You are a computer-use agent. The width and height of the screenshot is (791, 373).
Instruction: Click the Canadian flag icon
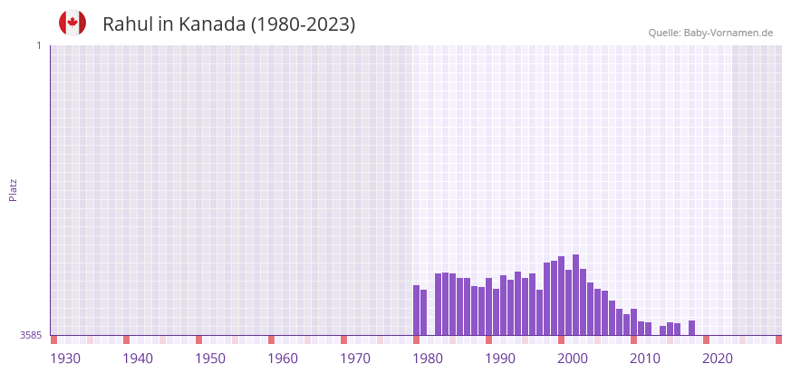72,23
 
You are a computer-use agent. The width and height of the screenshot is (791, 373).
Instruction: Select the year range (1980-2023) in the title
303,24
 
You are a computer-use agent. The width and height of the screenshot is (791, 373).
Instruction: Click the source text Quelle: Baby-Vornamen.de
710,33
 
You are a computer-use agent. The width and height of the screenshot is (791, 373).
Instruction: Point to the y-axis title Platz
13,189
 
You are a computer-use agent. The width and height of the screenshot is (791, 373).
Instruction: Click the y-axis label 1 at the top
38,45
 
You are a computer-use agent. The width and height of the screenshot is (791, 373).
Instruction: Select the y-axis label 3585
31,336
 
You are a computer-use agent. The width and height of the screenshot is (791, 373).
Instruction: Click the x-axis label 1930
65,359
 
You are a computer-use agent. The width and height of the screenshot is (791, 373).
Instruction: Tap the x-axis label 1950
210,359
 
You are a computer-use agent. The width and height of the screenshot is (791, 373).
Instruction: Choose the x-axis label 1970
355,359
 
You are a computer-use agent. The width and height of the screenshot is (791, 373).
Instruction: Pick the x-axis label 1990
500,359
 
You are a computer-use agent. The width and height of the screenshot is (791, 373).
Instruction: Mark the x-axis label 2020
718,359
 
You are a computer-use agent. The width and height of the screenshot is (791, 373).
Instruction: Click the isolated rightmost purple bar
691,328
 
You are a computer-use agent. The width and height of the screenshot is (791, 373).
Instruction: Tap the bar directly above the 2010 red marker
633,322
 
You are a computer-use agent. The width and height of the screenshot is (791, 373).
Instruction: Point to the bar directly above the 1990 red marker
488,306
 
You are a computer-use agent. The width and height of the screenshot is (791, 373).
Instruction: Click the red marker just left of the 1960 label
271,340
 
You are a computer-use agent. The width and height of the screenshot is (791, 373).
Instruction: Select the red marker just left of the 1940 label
126,340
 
